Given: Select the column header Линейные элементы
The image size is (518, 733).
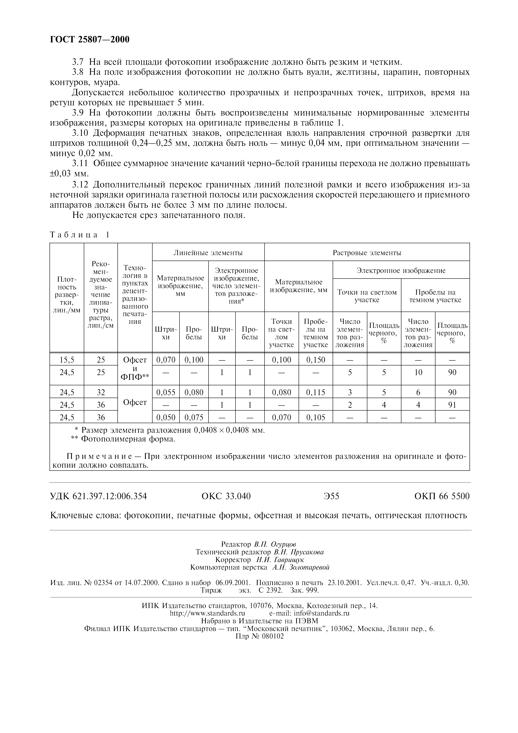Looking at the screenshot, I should [208, 253].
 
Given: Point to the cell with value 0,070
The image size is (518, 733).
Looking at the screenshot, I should [166, 360].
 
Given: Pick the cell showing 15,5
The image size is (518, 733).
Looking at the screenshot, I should [67, 360].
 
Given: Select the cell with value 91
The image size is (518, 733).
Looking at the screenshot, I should [452, 405].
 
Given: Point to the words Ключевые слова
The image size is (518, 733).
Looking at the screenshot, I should [85, 515].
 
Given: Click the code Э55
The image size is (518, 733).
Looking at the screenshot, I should [331, 496].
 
